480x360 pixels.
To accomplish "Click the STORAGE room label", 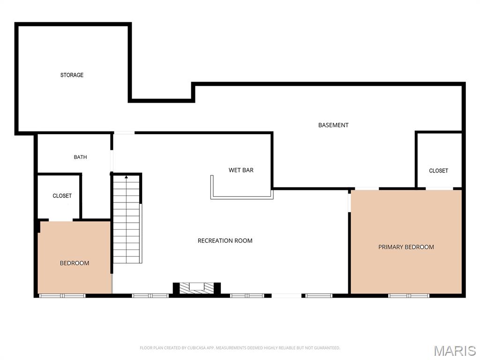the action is pyautogui.click(x=72, y=75).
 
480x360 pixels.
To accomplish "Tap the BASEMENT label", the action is pyautogui.click(x=333, y=125).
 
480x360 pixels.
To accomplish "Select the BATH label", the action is pyautogui.click(x=80, y=157).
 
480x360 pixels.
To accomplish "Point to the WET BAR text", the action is pyautogui.click(x=241, y=170).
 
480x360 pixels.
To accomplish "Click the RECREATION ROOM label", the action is pyautogui.click(x=225, y=240).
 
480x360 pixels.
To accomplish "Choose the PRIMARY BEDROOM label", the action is pyautogui.click(x=406, y=247).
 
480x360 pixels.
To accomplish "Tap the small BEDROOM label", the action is pyautogui.click(x=75, y=263).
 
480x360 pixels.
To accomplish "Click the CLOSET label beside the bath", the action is pyautogui.click(x=62, y=195).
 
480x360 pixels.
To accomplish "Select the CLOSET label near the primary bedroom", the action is pyautogui.click(x=438, y=171).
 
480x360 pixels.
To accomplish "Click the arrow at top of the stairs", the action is pyautogui.click(x=126, y=177).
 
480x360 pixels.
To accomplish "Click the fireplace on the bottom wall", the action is pyautogui.click(x=196, y=288).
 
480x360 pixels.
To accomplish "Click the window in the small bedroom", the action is pyautogui.click(x=62, y=296).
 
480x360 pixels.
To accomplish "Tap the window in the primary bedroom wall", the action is pyautogui.click(x=409, y=296).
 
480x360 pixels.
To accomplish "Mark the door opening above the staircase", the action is pyautogui.click(x=124, y=133).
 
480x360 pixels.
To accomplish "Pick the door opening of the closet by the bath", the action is pyautogui.click(x=60, y=220).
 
